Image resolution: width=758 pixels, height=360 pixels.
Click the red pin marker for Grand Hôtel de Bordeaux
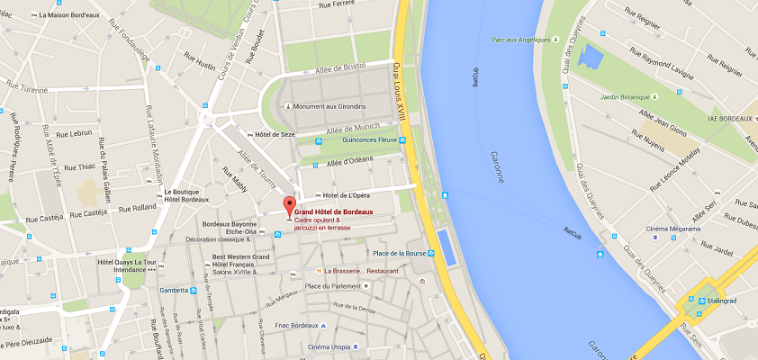click(x=289, y=204)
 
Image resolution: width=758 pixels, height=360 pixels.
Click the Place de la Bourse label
click(x=393, y=253)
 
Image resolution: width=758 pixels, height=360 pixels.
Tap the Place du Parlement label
click(x=332, y=286)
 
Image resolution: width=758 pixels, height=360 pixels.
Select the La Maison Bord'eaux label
click(x=72, y=15)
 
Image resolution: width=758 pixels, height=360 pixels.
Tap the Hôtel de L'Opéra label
click(x=347, y=195)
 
